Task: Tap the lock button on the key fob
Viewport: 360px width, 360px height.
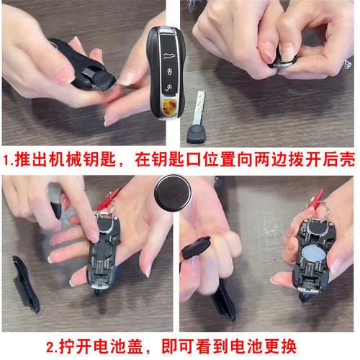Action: tap(168, 72)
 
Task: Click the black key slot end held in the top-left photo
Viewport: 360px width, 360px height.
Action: tap(99, 76)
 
